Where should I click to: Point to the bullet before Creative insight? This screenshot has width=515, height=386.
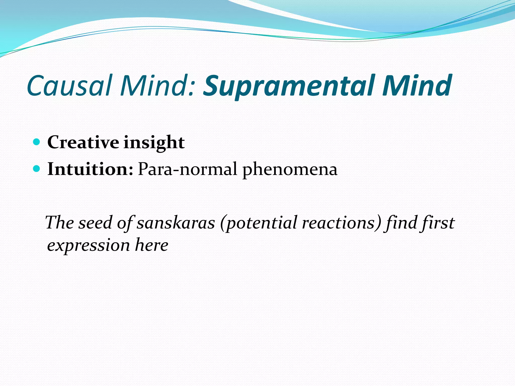pyautogui.click(x=36, y=142)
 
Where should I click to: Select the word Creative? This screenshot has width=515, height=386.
pyautogui.click(x=83, y=142)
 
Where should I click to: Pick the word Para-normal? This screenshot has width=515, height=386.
pyautogui.click(x=187, y=169)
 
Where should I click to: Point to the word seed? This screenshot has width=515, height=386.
pyautogui.click(x=95, y=223)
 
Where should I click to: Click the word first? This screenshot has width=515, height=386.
pyautogui.click(x=438, y=223)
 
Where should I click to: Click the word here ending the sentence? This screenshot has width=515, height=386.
pyautogui.click(x=151, y=245)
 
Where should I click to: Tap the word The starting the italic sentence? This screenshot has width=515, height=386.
pyautogui.click(x=60, y=223)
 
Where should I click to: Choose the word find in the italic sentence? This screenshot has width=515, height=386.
pyautogui.click(x=400, y=223)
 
